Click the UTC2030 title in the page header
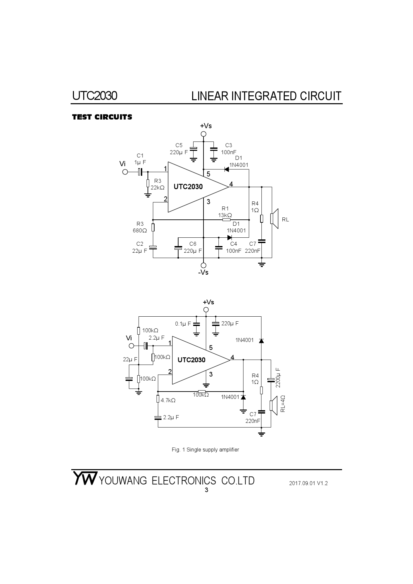click(95, 96)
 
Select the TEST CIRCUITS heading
click(102, 117)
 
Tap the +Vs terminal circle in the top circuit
click(204, 134)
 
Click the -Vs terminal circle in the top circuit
click(204, 265)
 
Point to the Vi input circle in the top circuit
click(125, 172)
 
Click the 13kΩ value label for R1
click(225, 215)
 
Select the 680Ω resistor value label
click(140, 230)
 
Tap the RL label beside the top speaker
click(285, 220)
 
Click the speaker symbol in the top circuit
click(274, 218)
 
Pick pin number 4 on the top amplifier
click(231, 184)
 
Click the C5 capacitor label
click(179, 145)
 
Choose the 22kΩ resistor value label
click(158, 187)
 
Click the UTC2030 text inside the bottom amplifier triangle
click(192, 360)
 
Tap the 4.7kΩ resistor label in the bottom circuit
click(168, 401)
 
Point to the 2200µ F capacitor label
click(278, 378)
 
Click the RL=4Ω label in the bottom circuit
click(282, 404)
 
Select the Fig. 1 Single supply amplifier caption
click(205, 450)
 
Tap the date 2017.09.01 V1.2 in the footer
click(308, 483)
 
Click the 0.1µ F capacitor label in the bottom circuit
click(183, 324)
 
